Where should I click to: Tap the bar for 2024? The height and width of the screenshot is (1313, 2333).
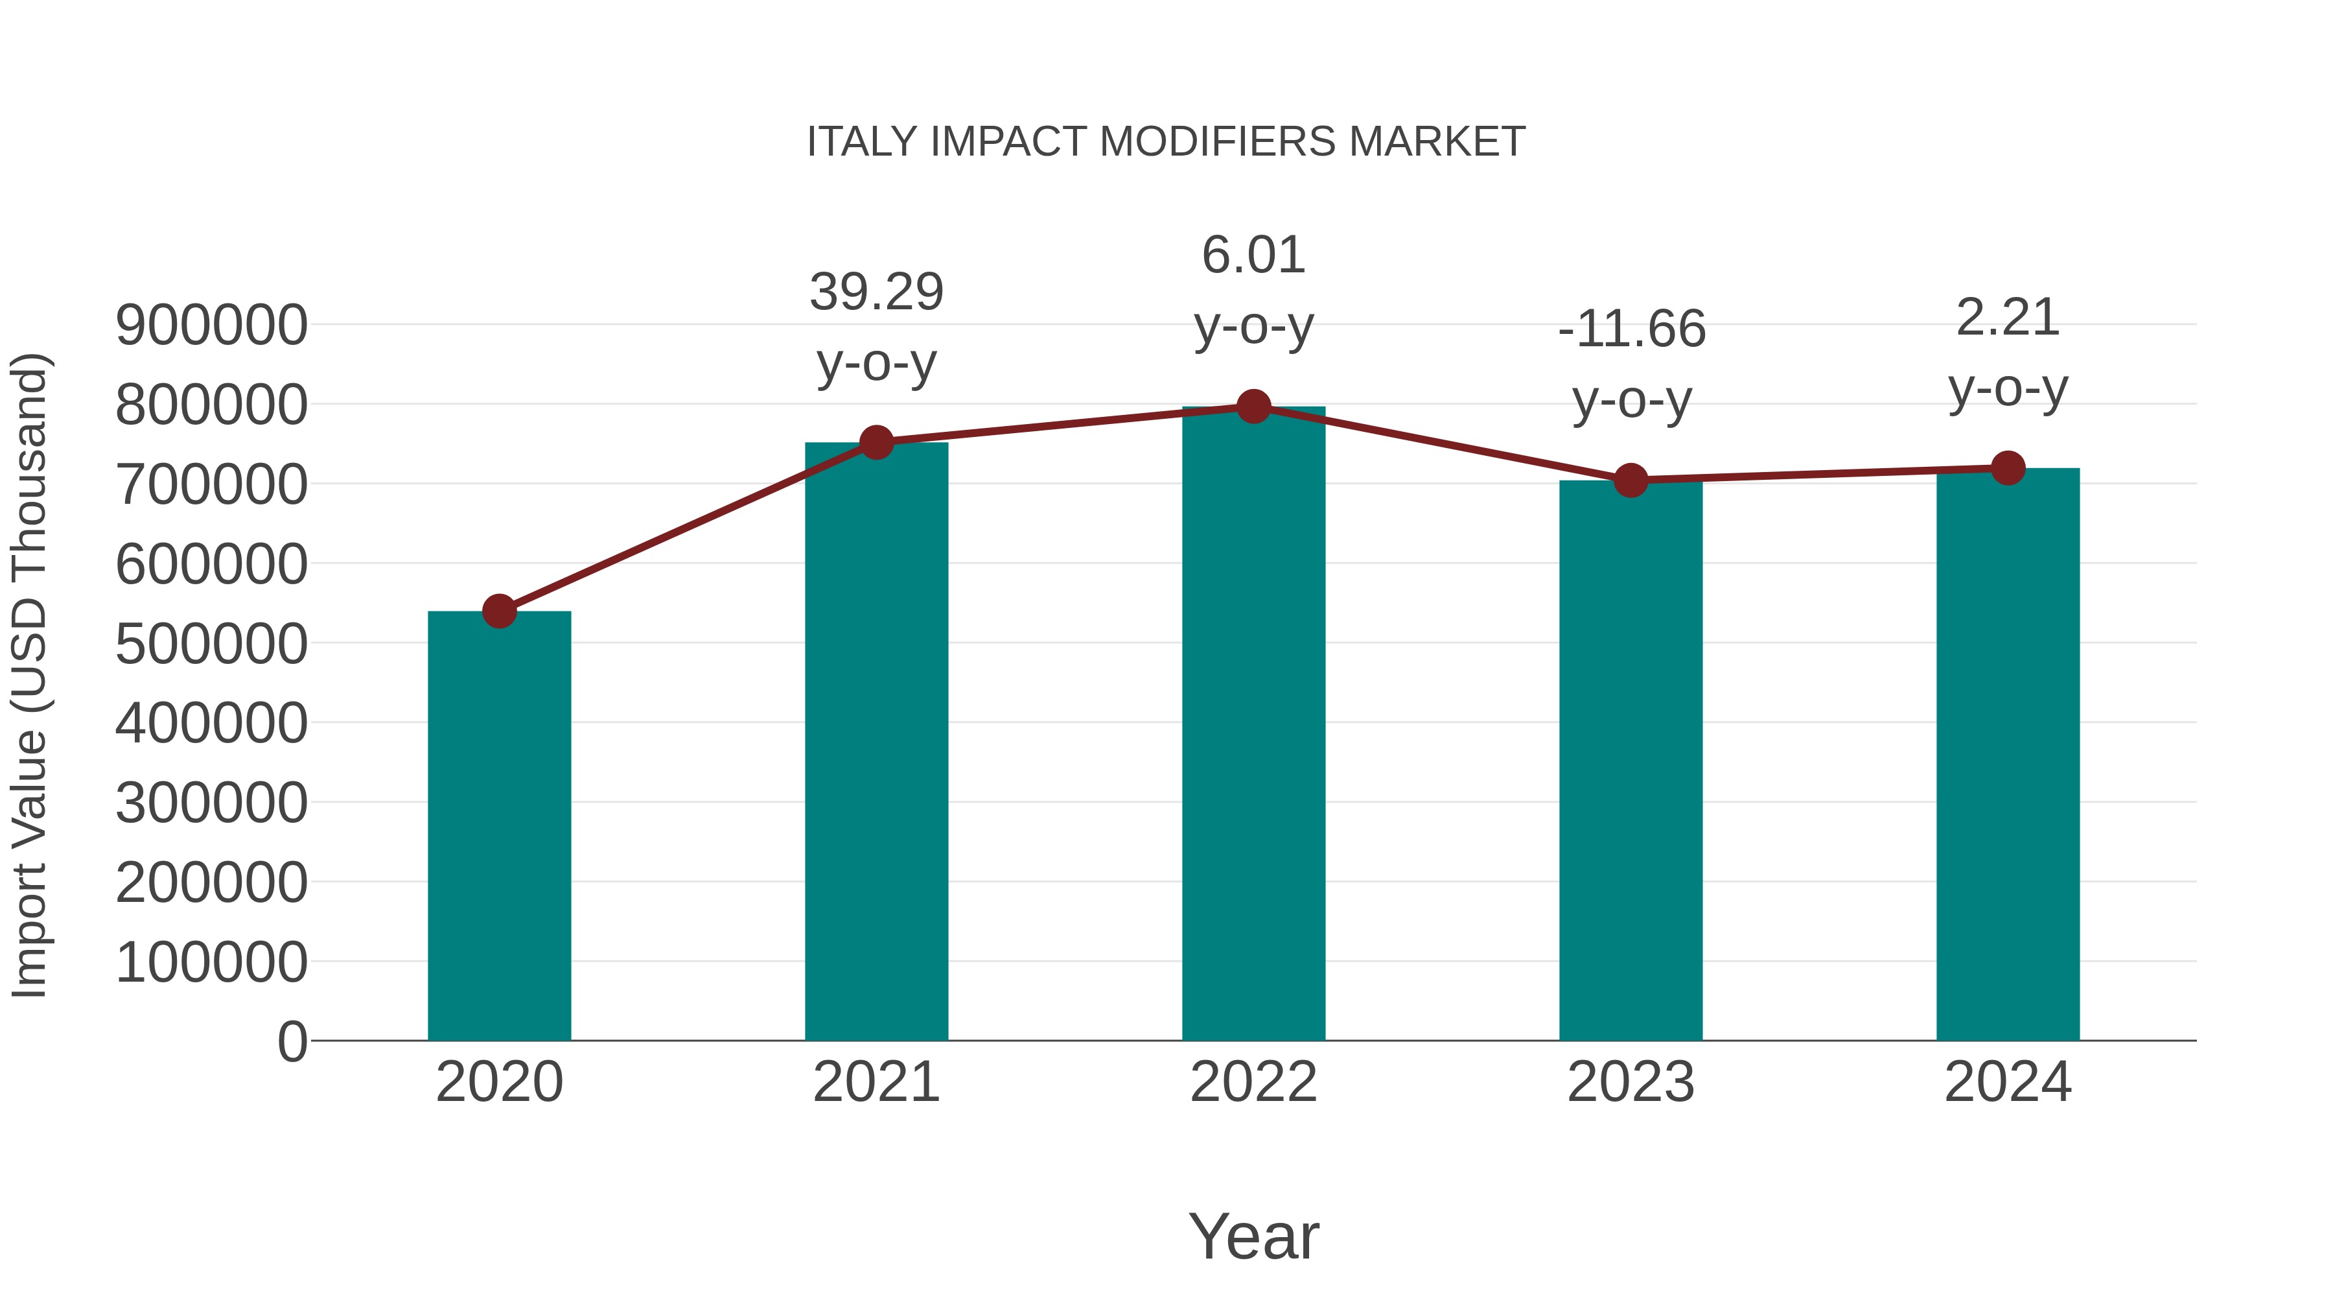pyautogui.click(x=2008, y=754)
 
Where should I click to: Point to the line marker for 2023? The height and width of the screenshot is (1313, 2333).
pyautogui.click(x=1631, y=480)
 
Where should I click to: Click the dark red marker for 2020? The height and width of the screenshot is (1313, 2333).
pyautogui.click(x=499, y=611)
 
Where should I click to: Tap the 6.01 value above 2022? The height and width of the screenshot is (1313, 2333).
pyautogui.click(x=1253, y=255)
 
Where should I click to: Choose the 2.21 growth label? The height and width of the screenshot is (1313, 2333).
pyautogui.click(x=2008, y=318)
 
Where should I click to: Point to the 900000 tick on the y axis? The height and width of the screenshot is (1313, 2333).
pyautogui.click(x=211, y=325)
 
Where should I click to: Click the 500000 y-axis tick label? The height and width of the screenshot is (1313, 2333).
pyautogui.click(x=211, y=645)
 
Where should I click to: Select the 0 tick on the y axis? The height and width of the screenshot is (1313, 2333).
pyautogui.click(x=292, y=1041)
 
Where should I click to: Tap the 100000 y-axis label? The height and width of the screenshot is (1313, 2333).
pyautogui.click(x=211, y=962)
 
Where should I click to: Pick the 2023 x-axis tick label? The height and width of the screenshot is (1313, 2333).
pyautogui.click(x=1631, y=1082)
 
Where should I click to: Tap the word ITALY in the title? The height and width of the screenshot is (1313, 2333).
pyautogui.click(x=862, y=142)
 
